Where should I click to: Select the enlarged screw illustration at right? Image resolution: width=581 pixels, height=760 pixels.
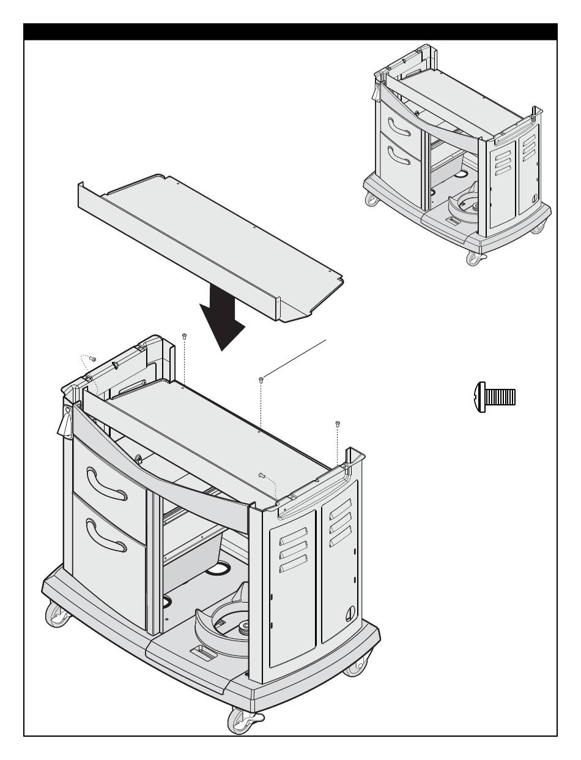[495, 395]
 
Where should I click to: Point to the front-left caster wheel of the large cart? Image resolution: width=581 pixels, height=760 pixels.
[57, 615]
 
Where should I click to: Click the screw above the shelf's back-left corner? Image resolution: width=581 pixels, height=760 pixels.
[184, 336]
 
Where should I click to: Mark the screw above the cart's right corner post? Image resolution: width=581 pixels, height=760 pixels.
[337, 423]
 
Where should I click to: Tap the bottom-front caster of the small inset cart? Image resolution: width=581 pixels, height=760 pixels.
[474, 258]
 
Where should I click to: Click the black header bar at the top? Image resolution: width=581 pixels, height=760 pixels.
[290, 32]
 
